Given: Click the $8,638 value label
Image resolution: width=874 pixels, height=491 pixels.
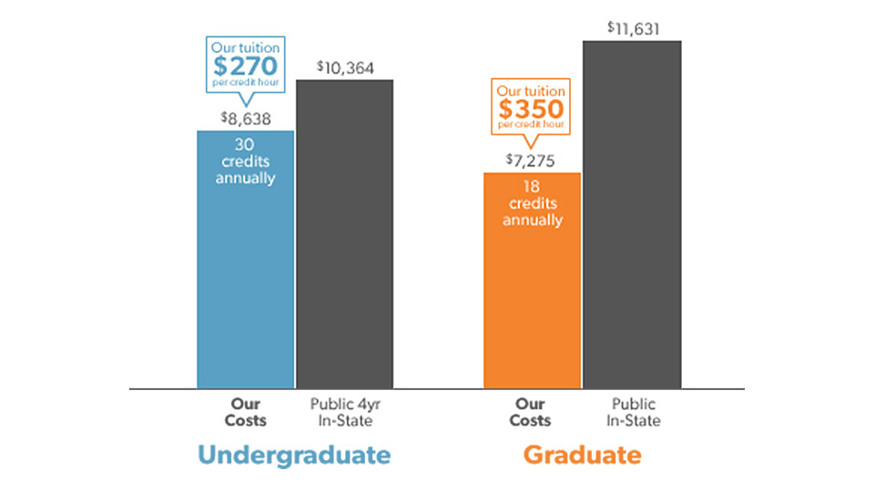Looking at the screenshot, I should pyautogui.click(x=245, y=118).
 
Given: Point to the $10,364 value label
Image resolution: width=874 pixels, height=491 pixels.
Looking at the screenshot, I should pyautogui.click(x=345, y=67).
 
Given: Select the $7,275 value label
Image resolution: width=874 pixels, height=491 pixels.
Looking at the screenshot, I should pyautogui.click(x=532, y=160).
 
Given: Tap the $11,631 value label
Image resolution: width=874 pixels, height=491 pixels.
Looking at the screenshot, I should pyautogui.click(x=633, y=28).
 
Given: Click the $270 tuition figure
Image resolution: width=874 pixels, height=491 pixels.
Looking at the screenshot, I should pyautogui.click(x=246, y=66).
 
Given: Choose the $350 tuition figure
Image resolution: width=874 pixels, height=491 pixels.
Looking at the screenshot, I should pyautogui.click(x=531, y=108).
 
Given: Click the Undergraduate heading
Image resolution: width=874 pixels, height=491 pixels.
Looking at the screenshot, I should pyautogui.click(x=294, y=455).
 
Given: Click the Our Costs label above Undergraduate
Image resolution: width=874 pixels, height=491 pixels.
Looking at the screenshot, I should pyautogui.click(x=246, y=412).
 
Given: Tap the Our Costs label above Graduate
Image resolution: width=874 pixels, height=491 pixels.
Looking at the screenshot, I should pyautogui.click(x=531, y=412).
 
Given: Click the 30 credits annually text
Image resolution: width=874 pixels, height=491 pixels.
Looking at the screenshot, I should pyautogui.click(x=245, y=160).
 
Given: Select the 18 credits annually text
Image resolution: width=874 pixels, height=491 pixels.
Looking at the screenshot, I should pyautogui.click(x=532, y=203).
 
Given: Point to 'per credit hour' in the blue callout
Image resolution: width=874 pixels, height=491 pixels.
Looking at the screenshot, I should pyautogui.click(x=246, y=83).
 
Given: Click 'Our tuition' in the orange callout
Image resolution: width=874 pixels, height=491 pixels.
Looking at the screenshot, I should pyautogui.click(x=531, y=91).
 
